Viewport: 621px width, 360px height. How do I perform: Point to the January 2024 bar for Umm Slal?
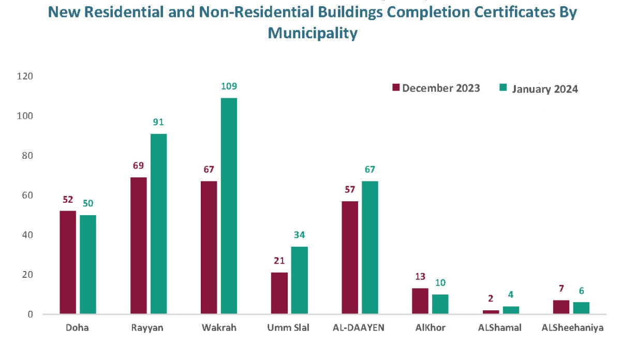pos(299,280)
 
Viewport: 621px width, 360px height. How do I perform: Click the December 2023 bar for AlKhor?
pos(420,301)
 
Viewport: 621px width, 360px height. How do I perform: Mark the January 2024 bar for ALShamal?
pos(511,310)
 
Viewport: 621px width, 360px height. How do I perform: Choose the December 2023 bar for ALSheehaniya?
pos(561,307)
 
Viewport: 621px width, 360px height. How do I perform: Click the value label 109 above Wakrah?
pos(229,86)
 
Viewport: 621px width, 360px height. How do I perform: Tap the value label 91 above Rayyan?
pos(158,123)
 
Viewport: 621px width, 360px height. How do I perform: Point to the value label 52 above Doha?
pos(68,200)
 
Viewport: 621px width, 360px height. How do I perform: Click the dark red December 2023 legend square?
pos(396,88)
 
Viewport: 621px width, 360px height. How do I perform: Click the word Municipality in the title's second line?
pos(313,33)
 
